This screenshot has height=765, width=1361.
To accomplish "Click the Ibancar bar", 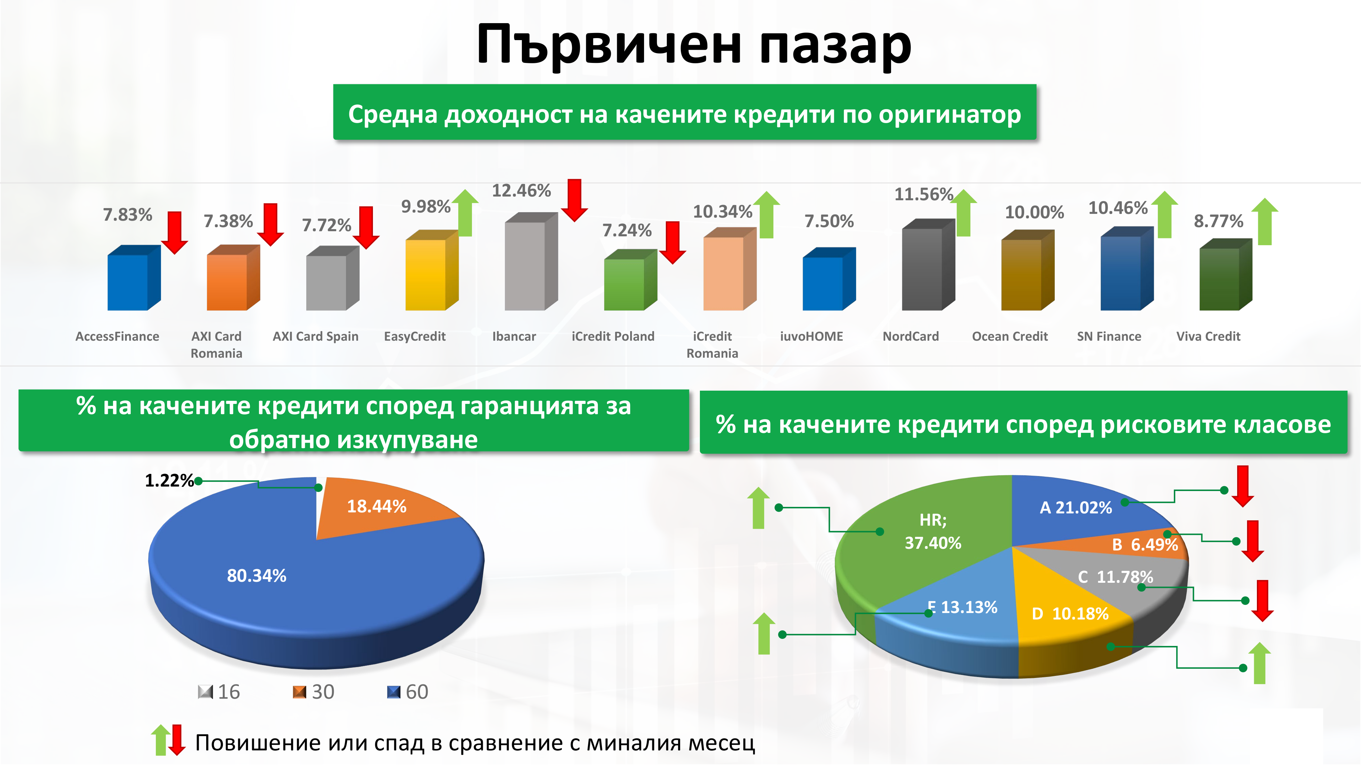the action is click(531, 261).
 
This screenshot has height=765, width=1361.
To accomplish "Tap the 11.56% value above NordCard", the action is click(923, 194).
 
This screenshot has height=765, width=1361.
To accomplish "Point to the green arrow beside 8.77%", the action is click(1265, 221).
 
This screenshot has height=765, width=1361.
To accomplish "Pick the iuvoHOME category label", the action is click(811, 336).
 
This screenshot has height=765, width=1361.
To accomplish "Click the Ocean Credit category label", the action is click(1010, 336).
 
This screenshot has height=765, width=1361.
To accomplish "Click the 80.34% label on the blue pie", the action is click(257, 576).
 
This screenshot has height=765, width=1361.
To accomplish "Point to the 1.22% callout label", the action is click(169, 480).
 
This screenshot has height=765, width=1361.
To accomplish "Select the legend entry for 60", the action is click(408, 692).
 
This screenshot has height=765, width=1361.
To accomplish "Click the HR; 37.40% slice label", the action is click(933, 531).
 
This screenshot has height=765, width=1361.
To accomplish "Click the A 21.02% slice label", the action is click(1076, 507).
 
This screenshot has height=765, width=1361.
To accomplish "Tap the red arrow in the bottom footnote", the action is click(177, 739).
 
